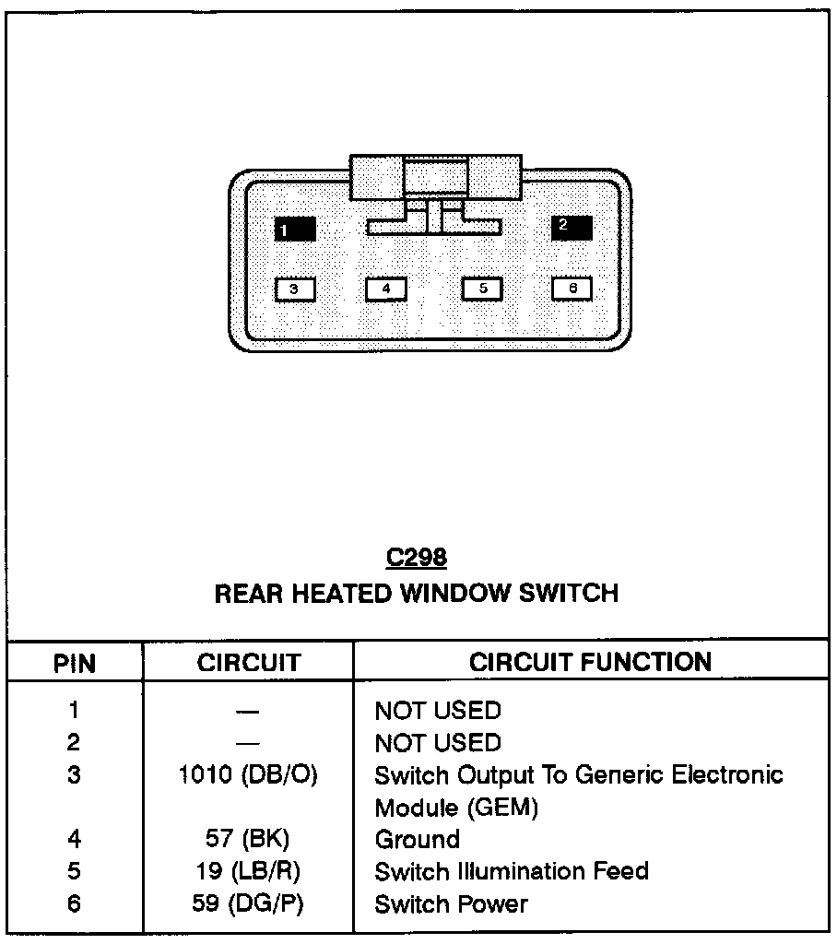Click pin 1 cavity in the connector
(295, 229)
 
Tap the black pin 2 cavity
(572, 227)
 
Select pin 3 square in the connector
(295, 289)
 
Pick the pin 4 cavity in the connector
(386, 289)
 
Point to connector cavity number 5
(481, 289)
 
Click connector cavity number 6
(572, 289)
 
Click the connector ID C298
(416, 558)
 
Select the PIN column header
(74, 663)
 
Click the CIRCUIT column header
(248, 663)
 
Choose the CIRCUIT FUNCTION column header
(590, 662)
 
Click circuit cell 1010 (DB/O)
(248, 775)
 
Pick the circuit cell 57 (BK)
(248, 840)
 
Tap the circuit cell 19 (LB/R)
(248, 872)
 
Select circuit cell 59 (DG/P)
(248, 904)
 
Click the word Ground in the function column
(417, 840)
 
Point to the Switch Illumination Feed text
(511, 872)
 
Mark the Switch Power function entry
(451, 904)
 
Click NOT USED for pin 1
(437, 711)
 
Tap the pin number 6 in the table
(74, 904)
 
